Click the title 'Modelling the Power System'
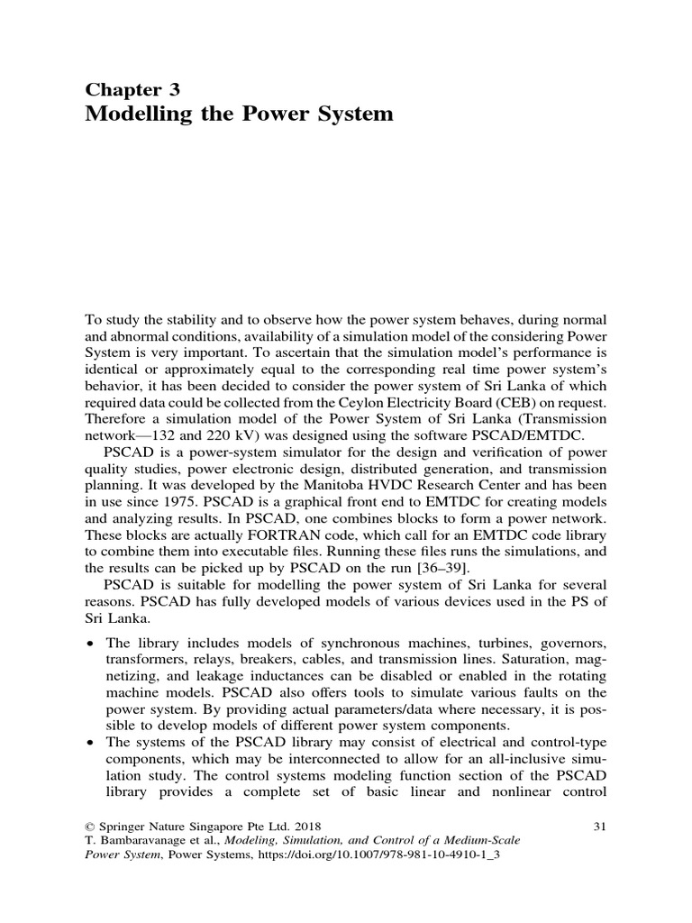(239, 114)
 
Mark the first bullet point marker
(89, 642)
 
